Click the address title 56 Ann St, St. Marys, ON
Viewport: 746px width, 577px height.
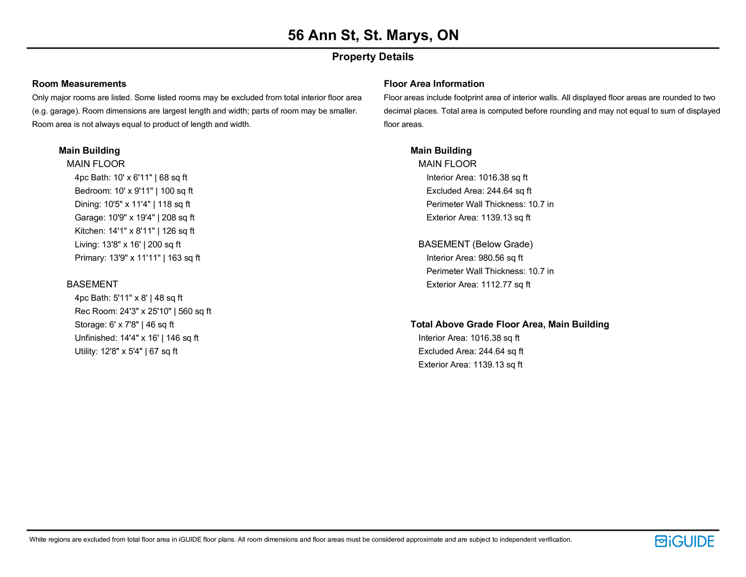click(x=373, y=35)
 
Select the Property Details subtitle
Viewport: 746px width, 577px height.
click(x=373, y=57)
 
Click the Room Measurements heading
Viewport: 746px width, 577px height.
click(x=79, y=84)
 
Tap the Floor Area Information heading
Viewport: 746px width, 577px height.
click(x=434, y=84)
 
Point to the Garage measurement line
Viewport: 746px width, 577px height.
click(x=134, y=218)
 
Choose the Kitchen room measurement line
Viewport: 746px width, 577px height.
click(x=134, y=231)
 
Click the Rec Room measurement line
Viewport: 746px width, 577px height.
click(x=143, y=311)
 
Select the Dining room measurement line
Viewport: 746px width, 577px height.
click(x=132, y=204)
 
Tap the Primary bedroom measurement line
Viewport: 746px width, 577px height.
click(x=137, y=258)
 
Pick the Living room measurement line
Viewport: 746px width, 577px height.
click(x=128, y=244)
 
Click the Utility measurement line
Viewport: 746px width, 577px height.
click(x=126, y=352)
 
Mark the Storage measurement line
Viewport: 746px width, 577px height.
click(x=124, y=324)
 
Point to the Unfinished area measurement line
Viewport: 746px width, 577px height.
click(x=137, y=338)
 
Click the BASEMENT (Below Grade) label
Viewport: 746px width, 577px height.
click(x=475, y=244)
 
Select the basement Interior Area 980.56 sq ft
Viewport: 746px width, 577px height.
click(x=475, y=258)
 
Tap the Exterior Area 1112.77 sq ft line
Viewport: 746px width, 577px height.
click(x=478, y=285)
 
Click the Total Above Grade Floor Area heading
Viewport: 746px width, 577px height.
click(x=510, y=324)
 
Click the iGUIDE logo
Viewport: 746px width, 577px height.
click(x=684, y=541)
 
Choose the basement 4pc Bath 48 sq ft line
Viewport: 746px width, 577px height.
click(x=129, y=298)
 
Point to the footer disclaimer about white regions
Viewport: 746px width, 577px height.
click(x=300, y=540)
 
